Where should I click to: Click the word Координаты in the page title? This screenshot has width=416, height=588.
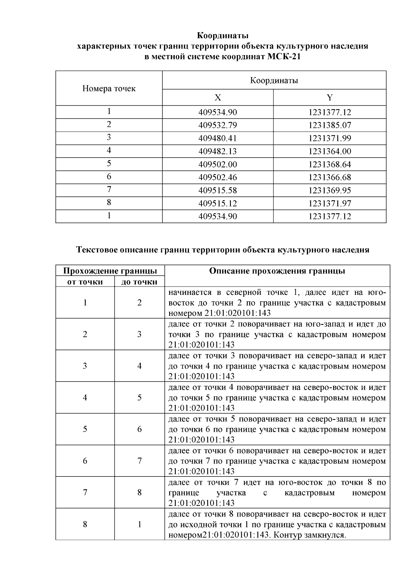point(223,36)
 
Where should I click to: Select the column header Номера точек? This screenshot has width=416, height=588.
point(109,89)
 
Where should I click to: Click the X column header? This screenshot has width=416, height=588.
point(218,98)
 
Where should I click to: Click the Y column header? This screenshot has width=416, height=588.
point(330,98)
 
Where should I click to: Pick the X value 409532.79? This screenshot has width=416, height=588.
point(218,125)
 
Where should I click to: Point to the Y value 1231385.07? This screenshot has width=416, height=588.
point(330,125)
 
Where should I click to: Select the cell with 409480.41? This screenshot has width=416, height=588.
point(218,139)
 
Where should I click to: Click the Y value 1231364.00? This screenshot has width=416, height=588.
point(330,151)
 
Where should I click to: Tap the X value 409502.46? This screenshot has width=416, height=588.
point(218,177)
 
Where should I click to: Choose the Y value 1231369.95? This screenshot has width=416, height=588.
point(330,191)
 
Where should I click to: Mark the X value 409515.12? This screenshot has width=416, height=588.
point(218,203)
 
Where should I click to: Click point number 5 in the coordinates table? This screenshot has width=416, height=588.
point(109,164)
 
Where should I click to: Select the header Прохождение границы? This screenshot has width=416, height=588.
point(110,271)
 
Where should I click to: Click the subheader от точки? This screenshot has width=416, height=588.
point(85,282)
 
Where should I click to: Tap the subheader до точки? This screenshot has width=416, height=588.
point(139,282)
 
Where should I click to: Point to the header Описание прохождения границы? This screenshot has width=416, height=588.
point(277,271)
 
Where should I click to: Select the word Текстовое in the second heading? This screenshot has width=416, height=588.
point(97,250)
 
